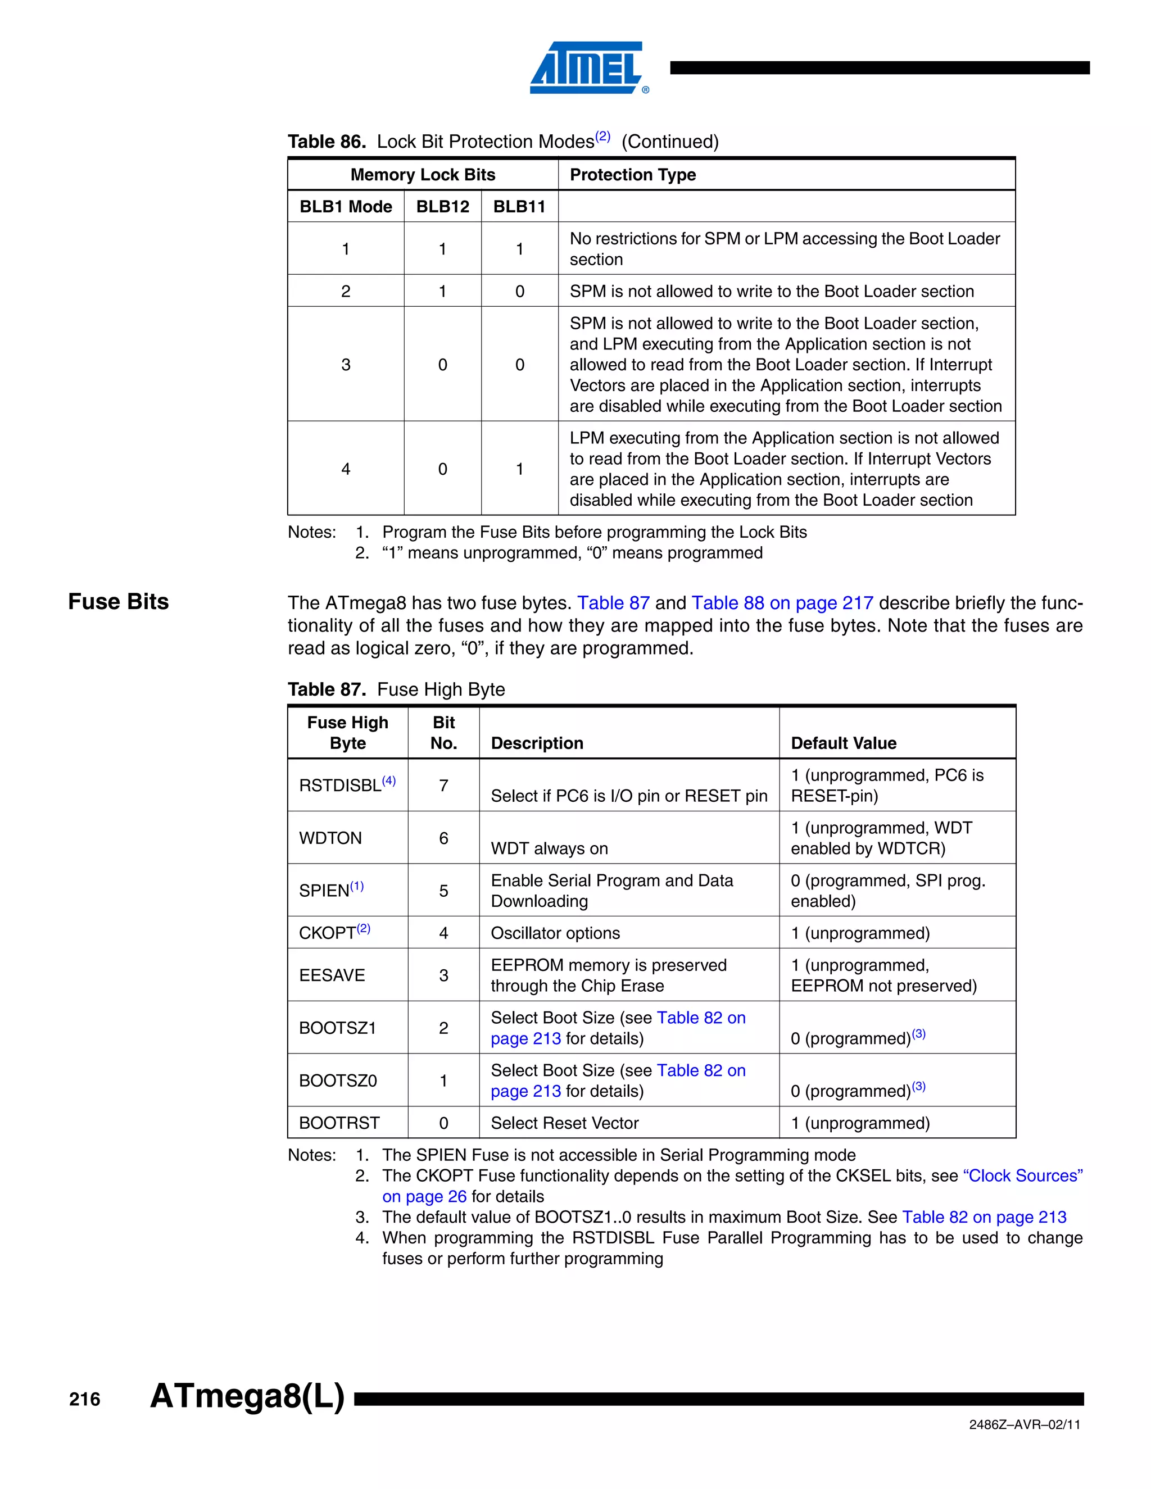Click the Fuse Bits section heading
coord(118,601)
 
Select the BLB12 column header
coord(442,207)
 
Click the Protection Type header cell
coord(632,175)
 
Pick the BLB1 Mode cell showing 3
coord(346,365)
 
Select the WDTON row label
coord(330,838)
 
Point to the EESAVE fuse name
coord(332,975)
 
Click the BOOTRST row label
coord(339,1123)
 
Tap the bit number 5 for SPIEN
coord(443,891)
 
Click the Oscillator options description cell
coord(555,933)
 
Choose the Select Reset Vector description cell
coord(565,1123)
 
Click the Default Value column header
coord(844,743)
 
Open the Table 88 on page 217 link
coord(782,603)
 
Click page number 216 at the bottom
coord(84,1399)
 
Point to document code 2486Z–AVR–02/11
coord(1024,1425)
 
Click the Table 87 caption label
coord(327,689)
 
